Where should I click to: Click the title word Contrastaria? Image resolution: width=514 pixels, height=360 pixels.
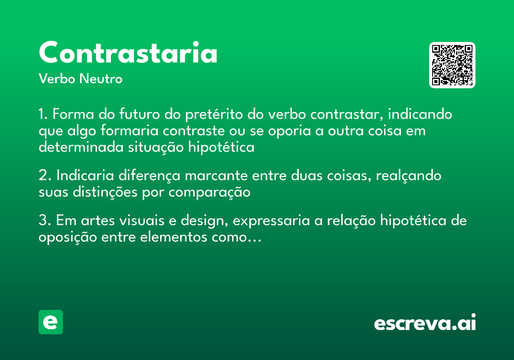tap(128, 53)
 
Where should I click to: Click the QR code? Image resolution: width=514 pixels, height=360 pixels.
tap(452, 65)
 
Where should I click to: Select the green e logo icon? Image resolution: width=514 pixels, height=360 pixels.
tap(51, 322)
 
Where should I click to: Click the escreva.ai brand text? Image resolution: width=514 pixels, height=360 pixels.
tap(424, 323)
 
